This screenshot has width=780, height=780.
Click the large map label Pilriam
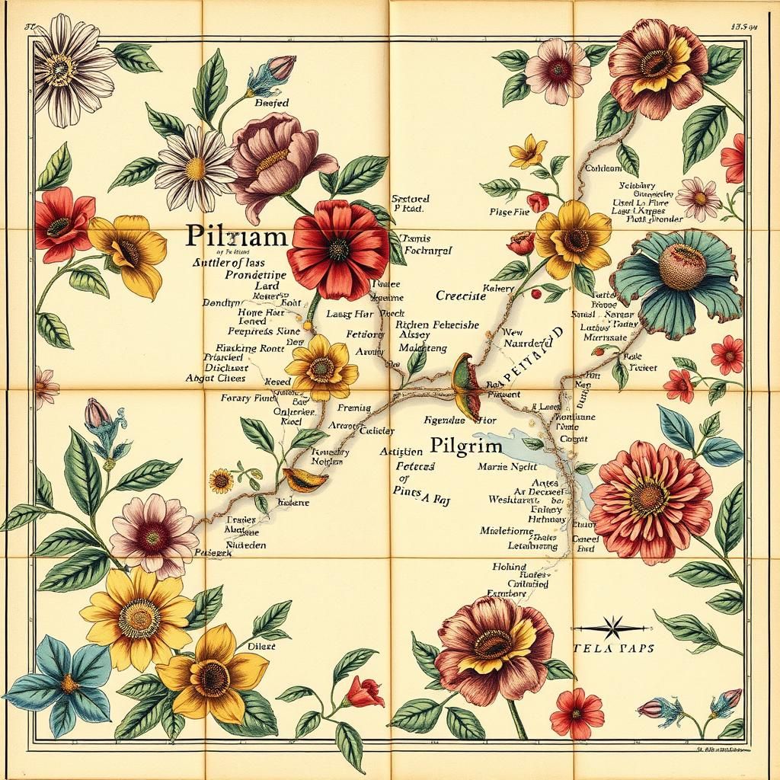click(236, 236)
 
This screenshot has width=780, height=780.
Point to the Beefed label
click(272, 102)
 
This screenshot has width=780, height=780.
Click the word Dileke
click(261, 646)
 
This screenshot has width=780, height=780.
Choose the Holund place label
click(508, 567)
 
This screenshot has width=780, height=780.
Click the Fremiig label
click(353, 408)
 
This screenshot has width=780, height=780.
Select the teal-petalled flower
click(676, 282)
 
